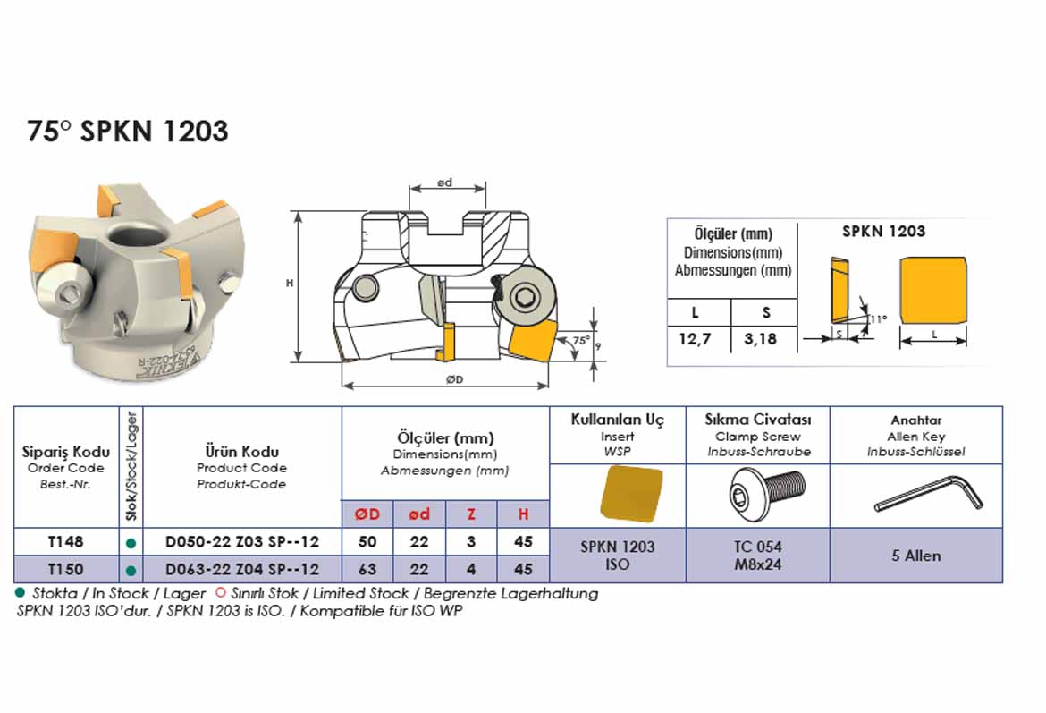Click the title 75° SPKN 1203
tap(128, 132)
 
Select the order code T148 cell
tap(66, 541)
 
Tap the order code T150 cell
tap(66, 569)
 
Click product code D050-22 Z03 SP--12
tap(242, 541)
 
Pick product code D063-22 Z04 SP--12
tap(242, 569)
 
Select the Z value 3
tap(471, 541)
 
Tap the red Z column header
tap(471, 514)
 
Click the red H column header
tap(524, 514)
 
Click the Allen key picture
tap(928, 494)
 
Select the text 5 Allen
tap(915, 556)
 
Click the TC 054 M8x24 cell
tap(757, 555)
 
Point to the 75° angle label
tap(581, 341)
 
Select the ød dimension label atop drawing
tap(444, 182)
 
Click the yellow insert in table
tap(632, 493)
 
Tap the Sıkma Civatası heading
tap(757, 420)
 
